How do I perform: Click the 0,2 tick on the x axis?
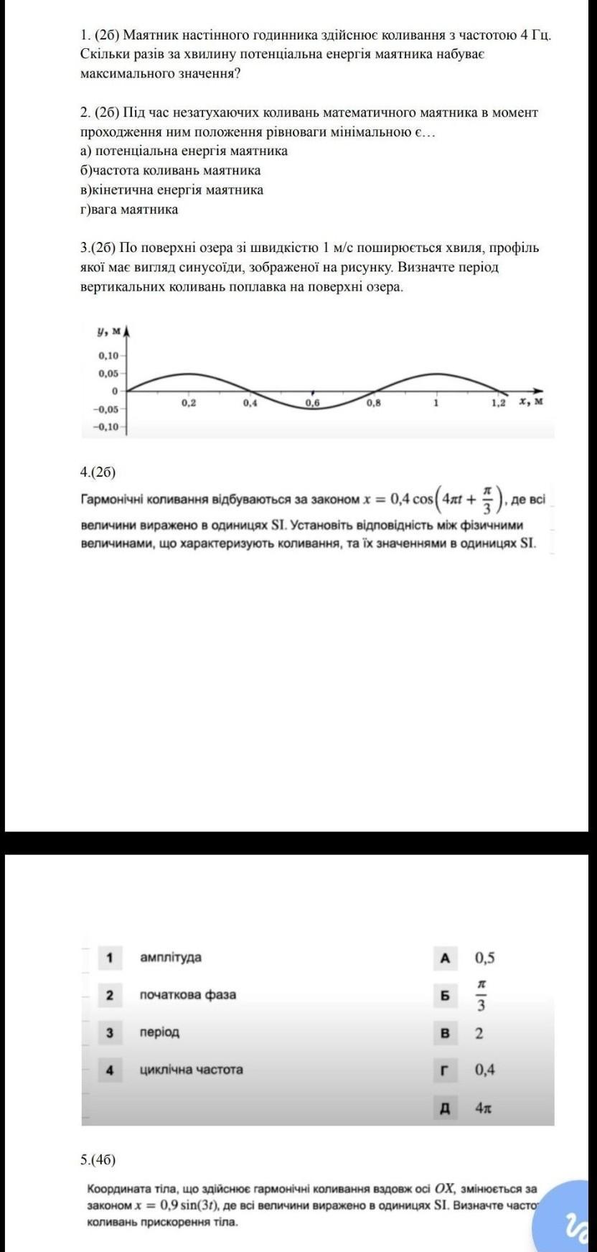[x=189, y=403]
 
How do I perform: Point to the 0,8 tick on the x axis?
[x=374, y=403]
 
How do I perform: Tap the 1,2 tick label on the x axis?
[x=498, y=403]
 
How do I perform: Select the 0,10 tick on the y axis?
[x=109, y=355]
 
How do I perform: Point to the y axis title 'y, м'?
[x=109, y=331]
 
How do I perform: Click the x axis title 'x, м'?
[x=532, y=401]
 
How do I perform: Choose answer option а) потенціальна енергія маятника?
[x=184, y=151]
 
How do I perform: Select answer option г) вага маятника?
[x=130, y=210]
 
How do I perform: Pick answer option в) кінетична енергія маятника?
[x=172, y=190]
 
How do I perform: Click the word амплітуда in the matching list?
[x=171, y=957]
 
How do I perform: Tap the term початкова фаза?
[x=187, y=994]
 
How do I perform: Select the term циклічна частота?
[x=191, y=1069]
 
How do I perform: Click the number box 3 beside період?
[x=110, y=1032]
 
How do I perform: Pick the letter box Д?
[x=445, y=1108]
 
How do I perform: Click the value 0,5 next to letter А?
[x=484, y=958]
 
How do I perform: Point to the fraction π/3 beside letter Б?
[x=481, y=995]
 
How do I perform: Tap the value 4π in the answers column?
[x=483, y=1108]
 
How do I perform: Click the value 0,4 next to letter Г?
[x=484, y=1070]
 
